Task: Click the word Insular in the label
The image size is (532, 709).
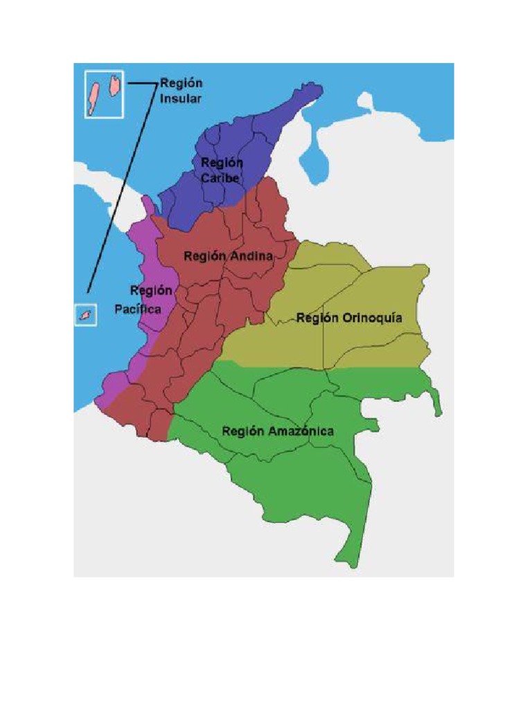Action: click(x=181, y=98)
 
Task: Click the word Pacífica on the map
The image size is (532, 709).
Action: click(x=138, y=309)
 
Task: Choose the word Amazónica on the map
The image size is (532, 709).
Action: click(x=301, y=431)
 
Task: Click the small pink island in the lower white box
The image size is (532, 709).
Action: click(x=86, y=316)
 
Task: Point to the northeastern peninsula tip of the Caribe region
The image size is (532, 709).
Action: click(x=317, y=89)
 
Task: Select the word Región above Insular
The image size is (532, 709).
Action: click(x=181, y=83)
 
